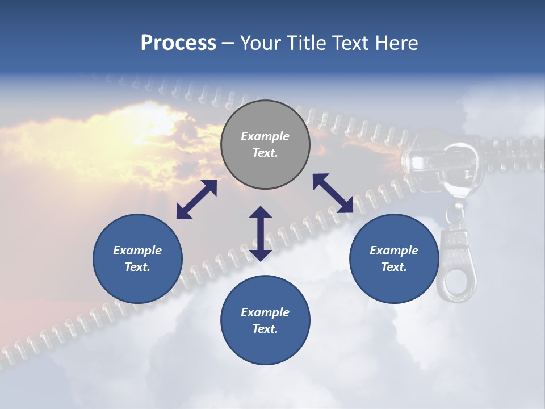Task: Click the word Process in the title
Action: coord(178,43)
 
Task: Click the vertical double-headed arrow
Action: coord(261,233)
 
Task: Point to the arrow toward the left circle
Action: coord(196,199)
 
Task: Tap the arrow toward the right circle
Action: coord(333,193)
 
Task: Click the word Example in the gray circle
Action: coord(265,136)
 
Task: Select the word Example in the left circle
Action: coord(137,251)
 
